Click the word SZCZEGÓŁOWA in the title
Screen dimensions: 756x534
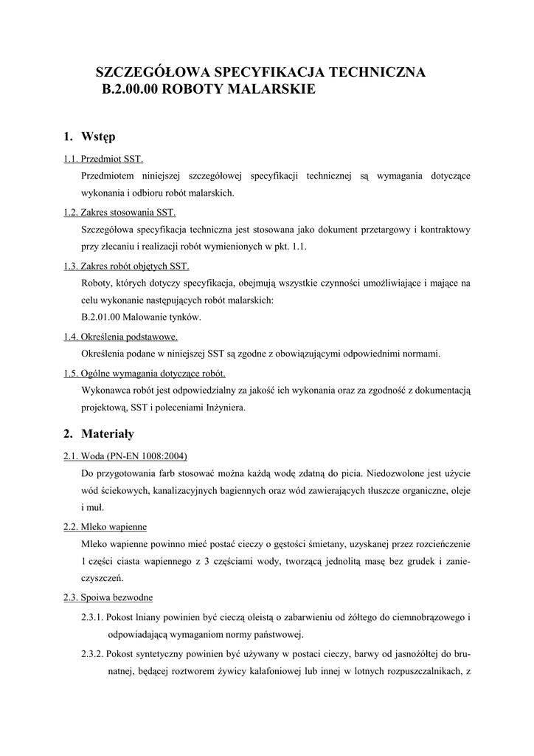coord(153,72)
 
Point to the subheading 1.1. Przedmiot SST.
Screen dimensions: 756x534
coord(103,159)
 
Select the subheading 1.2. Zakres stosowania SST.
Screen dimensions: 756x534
coord(119,213)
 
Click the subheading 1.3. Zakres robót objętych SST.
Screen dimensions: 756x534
coord(126,266)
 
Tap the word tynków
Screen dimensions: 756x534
coord(186,317)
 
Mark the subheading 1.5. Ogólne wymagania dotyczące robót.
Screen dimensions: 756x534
coord(145,373)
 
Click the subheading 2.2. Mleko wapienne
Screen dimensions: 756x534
coord(105,526)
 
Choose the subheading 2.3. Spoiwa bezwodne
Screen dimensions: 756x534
coord(108,597)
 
